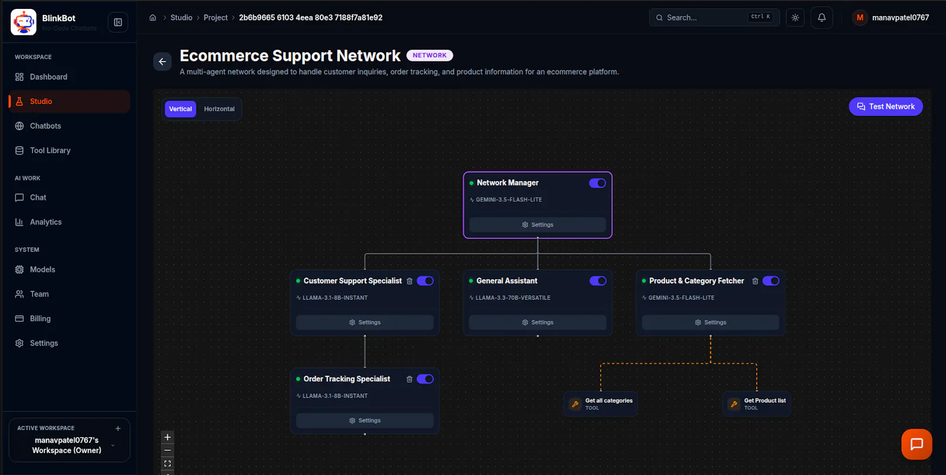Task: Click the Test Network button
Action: click(x=886, y=106)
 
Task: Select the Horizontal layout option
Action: click(x=219, y=109)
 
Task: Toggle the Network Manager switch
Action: click(x=597, y=183)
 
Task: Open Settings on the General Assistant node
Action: click(x=537, y=322)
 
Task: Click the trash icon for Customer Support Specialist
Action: click(x=409, y=281)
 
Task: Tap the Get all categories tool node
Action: click(x=601, y=404)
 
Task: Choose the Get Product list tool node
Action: click(x=757, y=404)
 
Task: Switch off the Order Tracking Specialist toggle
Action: click(x=425, y=379)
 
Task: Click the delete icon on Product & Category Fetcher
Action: click(x=755, y=281)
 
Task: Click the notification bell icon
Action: click(x=821, y=18)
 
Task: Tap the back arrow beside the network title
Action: click(x=162, y=62)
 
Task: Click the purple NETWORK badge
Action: click(x=429, y=56)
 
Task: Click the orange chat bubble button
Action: click(x=916, y=444)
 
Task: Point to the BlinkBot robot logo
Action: click(x=23, y=22)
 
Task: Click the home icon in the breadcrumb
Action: click(x=153, y=18)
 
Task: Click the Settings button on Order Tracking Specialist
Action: click(x=365, y=421)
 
